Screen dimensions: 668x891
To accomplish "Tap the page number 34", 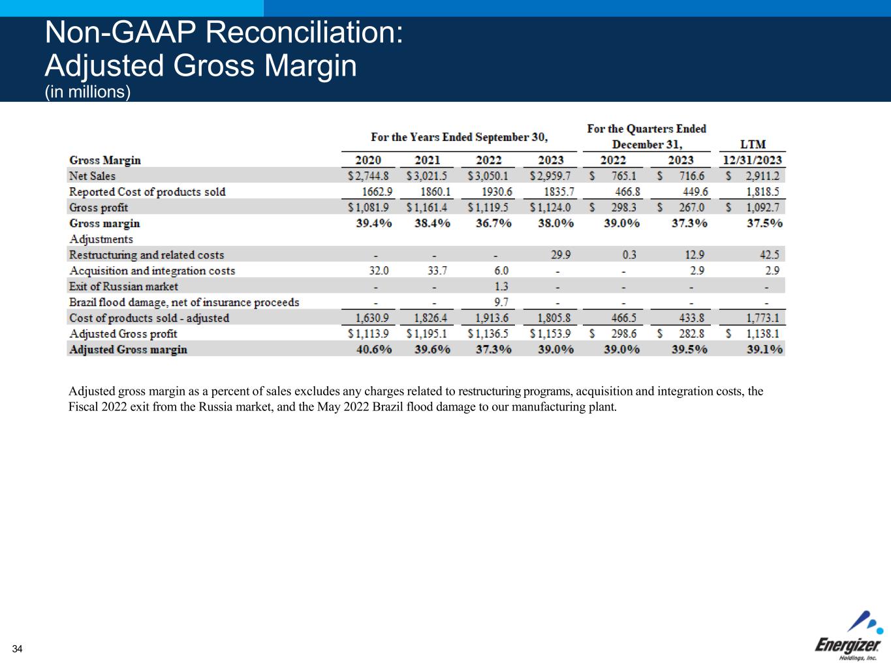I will (17, 648).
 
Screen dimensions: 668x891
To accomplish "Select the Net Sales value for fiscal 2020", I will (368, 176).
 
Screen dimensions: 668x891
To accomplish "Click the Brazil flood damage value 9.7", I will (501, 302).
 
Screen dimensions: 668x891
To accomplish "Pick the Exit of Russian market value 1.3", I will (501, 286).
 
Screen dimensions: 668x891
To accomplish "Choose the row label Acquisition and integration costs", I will (151, 271).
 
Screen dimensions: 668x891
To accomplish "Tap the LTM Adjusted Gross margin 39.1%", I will (764, 350).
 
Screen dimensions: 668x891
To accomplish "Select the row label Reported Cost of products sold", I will (147, 192).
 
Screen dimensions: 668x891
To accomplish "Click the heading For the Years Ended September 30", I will (459, 137).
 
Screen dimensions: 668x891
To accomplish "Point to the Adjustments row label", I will (101, 239).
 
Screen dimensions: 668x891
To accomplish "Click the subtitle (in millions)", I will (87, 92).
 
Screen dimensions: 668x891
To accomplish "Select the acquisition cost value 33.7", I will (437, 271).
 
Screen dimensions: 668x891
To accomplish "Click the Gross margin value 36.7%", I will (493, 223).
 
